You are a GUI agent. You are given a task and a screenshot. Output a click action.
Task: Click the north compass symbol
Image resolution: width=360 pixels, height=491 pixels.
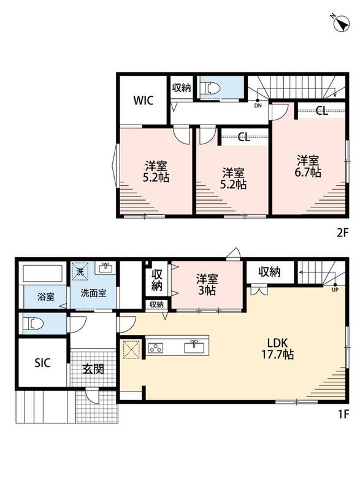[x=342, y=23]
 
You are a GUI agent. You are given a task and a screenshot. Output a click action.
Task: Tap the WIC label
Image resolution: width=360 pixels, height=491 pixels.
[x=144, y=101]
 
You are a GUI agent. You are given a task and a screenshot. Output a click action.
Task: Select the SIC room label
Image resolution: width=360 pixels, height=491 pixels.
[x=42, y=363]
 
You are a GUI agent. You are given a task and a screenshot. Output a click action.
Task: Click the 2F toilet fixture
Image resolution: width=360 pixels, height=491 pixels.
[x=212, y=88]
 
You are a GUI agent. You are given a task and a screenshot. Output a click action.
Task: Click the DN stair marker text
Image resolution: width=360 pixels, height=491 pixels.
[x=258, y=106]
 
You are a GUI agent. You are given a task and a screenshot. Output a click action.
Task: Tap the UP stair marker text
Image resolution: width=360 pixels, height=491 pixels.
[x=335, y=290]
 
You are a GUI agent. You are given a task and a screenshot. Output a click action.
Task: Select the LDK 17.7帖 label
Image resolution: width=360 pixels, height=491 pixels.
[x=277, y=349]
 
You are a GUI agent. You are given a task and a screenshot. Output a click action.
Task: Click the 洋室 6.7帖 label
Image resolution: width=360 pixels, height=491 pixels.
[x=308, y=166]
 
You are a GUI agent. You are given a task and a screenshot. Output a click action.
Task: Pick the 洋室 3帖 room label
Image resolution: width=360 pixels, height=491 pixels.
[x=207, y=284]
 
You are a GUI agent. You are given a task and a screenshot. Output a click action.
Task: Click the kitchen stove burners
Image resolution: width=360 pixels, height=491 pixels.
[x=155, y=348]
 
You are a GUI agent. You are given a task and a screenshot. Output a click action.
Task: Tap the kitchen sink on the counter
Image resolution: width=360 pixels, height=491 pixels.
[x=194, y=347]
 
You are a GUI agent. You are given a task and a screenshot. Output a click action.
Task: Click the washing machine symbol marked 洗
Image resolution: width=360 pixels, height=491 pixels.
[x=80, y=272]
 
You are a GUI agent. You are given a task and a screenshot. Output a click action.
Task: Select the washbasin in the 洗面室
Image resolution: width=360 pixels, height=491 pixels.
[x=105, y=268]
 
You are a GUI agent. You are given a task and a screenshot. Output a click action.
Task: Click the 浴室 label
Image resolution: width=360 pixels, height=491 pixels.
[x=46, y=296]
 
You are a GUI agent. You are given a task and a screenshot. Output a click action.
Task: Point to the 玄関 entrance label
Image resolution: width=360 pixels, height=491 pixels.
[x=93, y=369]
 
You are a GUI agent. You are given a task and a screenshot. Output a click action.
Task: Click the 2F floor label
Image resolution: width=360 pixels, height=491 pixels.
[x=342, y=233]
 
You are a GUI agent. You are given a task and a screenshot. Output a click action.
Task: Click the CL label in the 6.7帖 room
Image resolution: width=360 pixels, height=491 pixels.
[x=321, y=110]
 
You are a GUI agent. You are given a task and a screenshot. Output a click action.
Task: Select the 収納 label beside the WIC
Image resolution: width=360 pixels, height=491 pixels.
[x=182, y=88]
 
